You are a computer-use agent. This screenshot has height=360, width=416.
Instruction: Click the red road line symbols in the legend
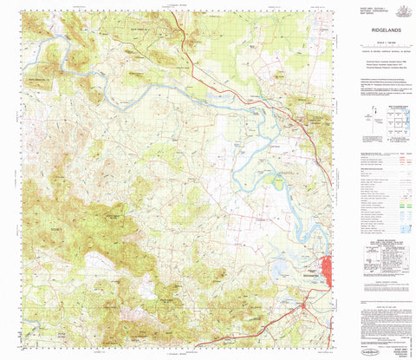402,161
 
